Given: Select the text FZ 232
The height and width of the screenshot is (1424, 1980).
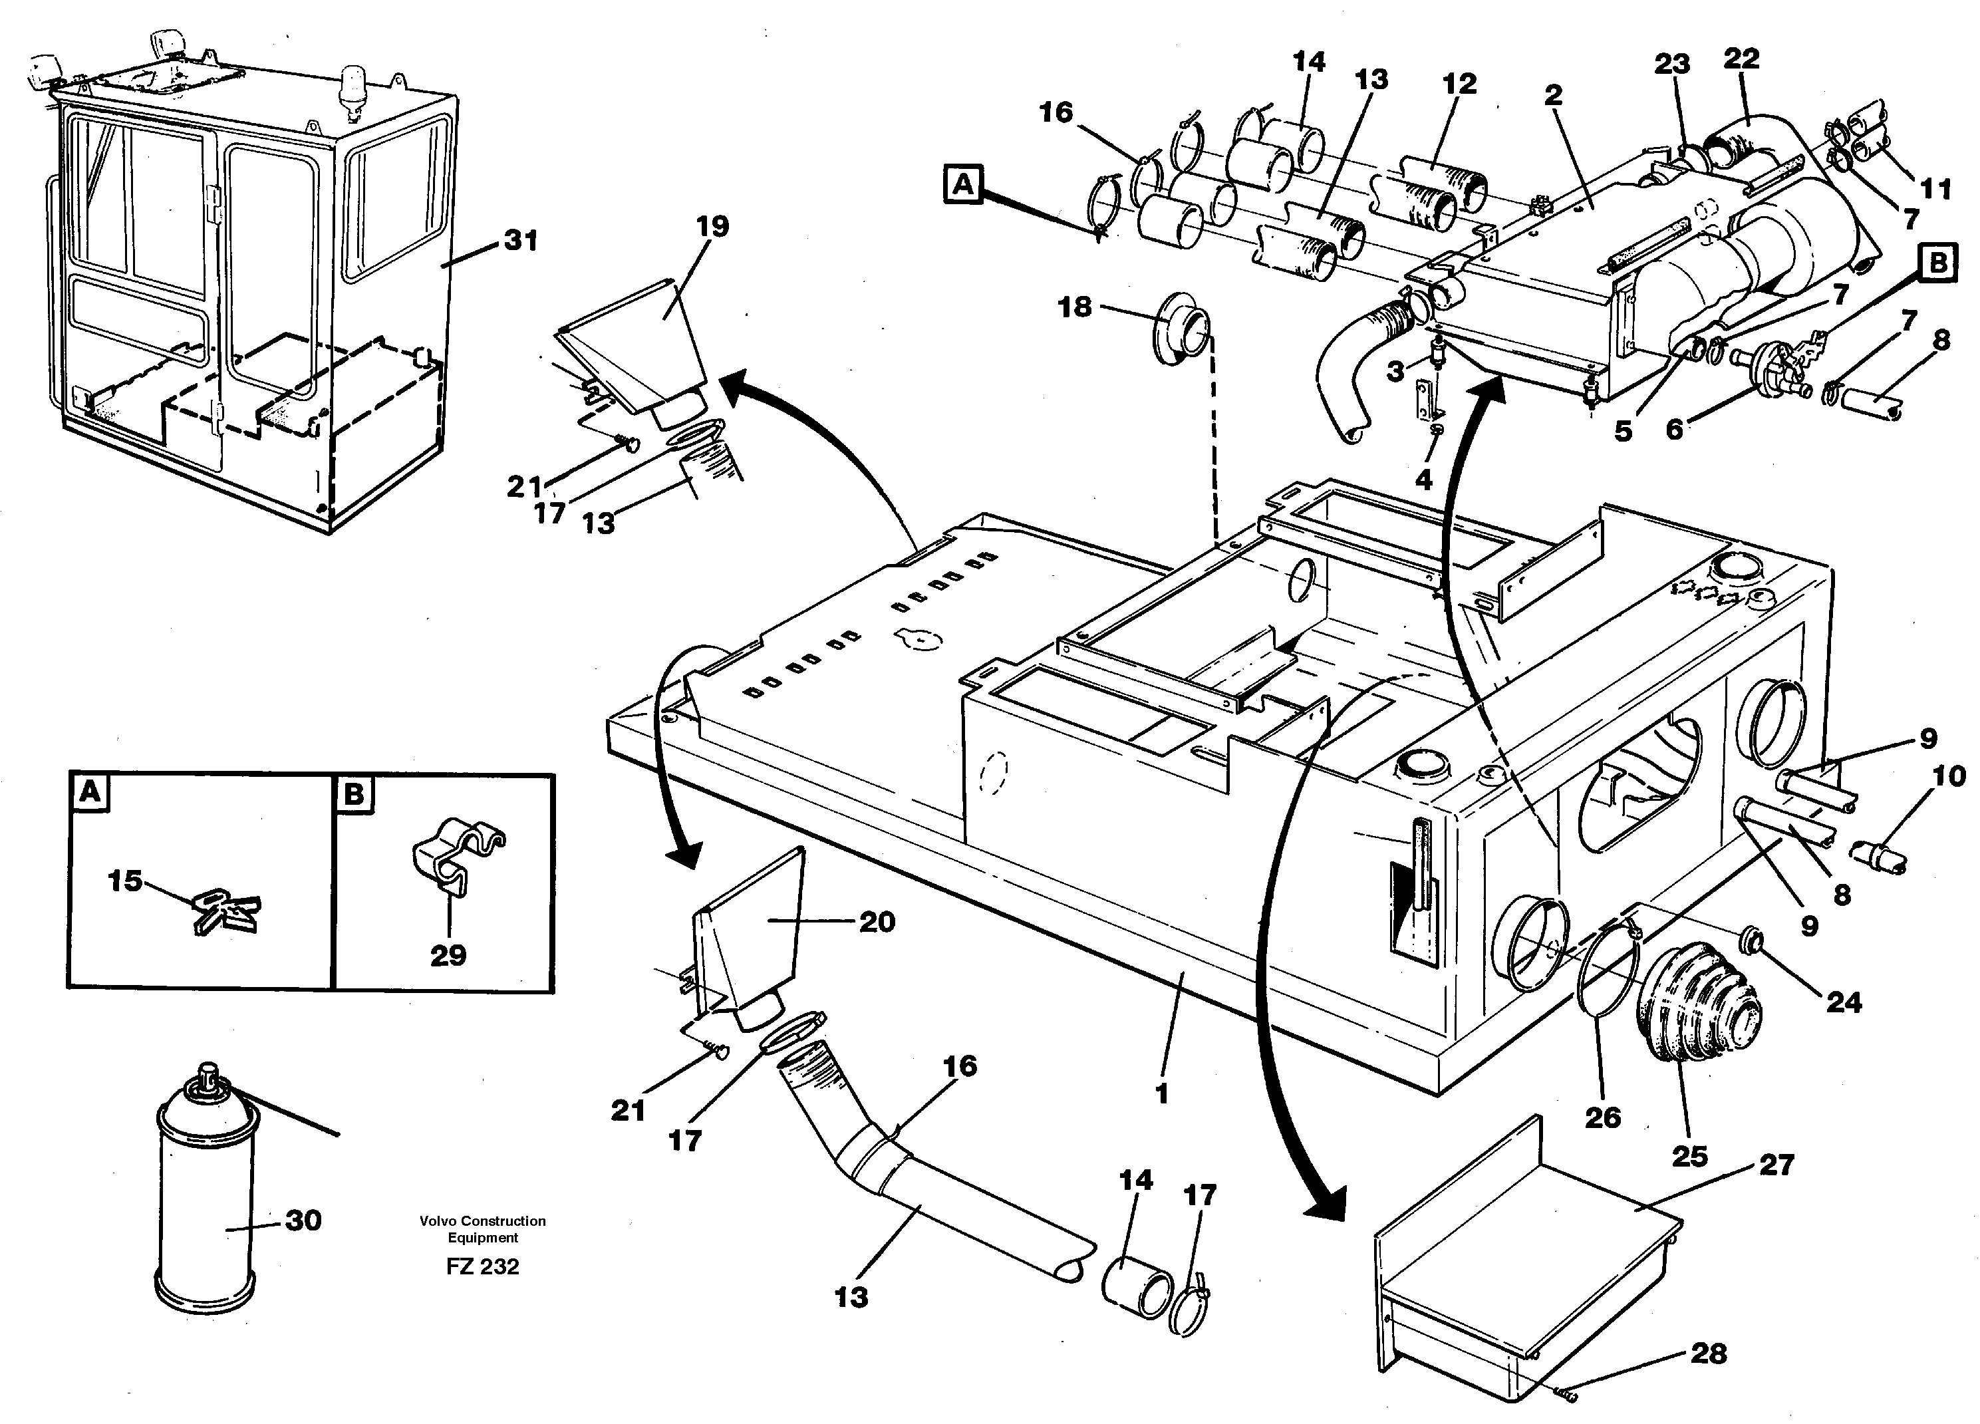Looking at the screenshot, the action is [x=482, y=1267].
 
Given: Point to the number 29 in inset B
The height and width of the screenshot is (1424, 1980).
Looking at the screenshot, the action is [x=448, y=955].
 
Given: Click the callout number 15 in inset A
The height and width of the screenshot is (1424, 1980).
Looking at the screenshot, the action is [x=125, y=881].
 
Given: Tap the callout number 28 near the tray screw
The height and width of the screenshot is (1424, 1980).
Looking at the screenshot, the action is [x=1709, y=1353].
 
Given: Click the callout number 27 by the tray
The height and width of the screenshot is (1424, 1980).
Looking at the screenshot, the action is [x=1776, y=1165].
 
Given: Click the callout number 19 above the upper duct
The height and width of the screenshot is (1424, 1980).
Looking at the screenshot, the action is [x=712, y=227].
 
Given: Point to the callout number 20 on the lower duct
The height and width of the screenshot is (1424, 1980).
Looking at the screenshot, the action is [x=877, y=922].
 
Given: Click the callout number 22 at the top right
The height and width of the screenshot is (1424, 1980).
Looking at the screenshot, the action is [x=1741, y=59].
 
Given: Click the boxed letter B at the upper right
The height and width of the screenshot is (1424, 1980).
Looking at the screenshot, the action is [x=1938, y=263].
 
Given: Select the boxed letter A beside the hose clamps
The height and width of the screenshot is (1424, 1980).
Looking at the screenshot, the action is [x=963, y=185].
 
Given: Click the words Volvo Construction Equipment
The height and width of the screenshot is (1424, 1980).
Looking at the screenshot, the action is [x=482, y=1229].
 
